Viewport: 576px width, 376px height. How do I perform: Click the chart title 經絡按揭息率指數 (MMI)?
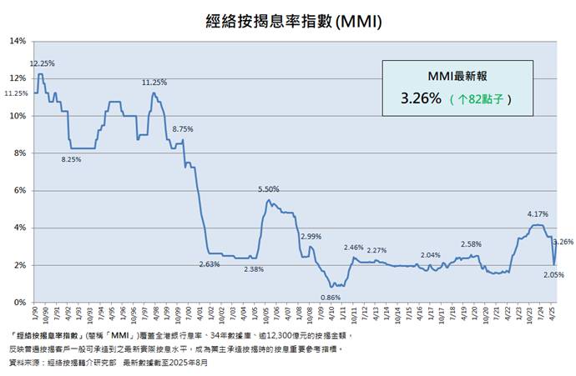(x=287, y=19)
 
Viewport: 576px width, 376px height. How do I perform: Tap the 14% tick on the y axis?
(x=18, y=41)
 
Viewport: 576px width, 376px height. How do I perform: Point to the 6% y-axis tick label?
(x=20, y=190)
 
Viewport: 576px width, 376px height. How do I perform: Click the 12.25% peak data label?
(x=42, y=63)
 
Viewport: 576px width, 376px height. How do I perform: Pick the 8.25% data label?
(x=72, y=159)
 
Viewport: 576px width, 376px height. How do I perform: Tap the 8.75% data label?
(x=182, y=129)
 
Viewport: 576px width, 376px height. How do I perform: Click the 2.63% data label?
(x=209, y=264)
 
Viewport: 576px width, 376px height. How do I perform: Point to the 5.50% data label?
(x=268, y=189)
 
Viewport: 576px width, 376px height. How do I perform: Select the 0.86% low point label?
(x=331, y=298)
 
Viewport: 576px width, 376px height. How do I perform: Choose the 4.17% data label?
(x=538, y=214)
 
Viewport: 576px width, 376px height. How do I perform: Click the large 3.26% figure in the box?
(x=420, y=98)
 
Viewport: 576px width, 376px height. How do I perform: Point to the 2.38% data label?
(x=255, y=269)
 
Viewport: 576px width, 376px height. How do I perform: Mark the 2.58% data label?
(x=471, y=244)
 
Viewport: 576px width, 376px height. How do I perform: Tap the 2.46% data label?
(x=353, y=248)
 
